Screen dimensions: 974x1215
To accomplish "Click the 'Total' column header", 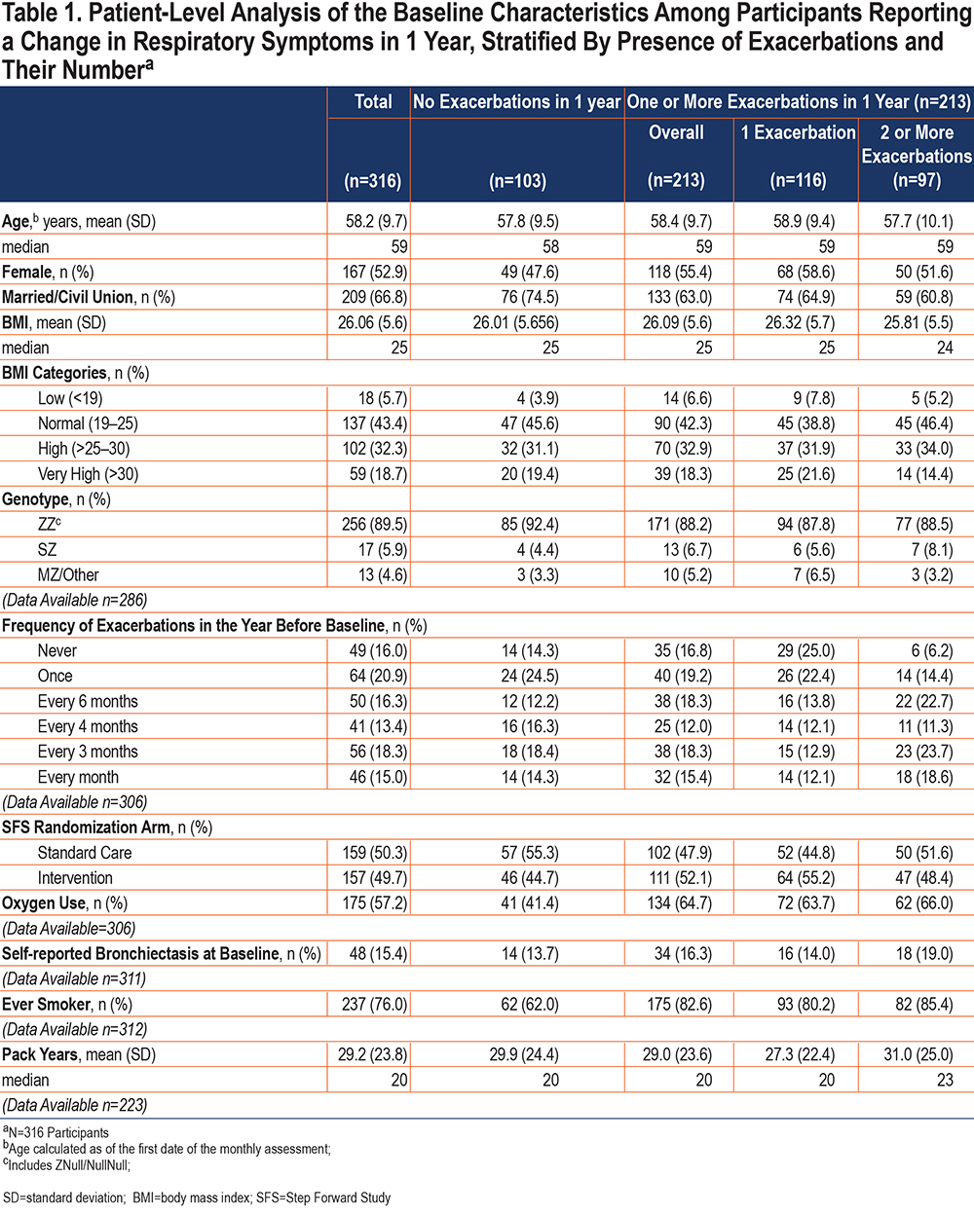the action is pyautogui.click(x=373, y=101).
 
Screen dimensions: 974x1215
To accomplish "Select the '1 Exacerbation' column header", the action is pyautogui.click(x=798, y=132).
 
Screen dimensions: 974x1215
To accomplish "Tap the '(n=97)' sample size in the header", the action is pyautogui.click(x=917, y=180).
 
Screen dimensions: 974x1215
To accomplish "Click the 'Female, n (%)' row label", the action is pyautogui.click(x=48, y=273).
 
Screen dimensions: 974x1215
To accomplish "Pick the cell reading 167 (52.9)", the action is pyautogui.click(x=375, y=273).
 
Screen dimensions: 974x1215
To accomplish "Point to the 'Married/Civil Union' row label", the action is pyautogui.click(x=68, y=297).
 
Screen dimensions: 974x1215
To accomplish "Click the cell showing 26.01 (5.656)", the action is pyautogui.click(x=516, y=322).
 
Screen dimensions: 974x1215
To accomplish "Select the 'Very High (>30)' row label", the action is pyautogui.click(x=88, y=474).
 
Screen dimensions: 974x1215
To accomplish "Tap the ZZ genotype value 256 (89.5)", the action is pyautogui.click(x=375, y=525).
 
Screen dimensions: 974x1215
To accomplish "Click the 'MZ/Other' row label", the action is pyautogui.click(x=68, y=574).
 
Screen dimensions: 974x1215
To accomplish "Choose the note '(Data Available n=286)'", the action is pyautogui.click(x=75, y=600).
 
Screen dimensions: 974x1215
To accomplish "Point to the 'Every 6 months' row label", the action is pyautogui.click(x=88, y=701).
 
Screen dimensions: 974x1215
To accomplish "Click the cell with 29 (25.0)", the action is pyautogui.click(x=805, y=650).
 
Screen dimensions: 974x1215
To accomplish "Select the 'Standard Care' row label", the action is pyautogui.click(x=85, y=853).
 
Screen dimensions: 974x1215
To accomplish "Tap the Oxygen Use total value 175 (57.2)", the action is pyautogui.click(x=375, y=903).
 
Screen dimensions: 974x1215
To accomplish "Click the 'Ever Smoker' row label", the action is pyautogui.click(x=46, y=1005).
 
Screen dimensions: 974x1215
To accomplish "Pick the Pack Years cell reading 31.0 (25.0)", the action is pyautogui.click(x=918, y=1054).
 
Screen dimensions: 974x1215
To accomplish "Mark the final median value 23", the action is pyautogui.click(x=945, y=1080).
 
